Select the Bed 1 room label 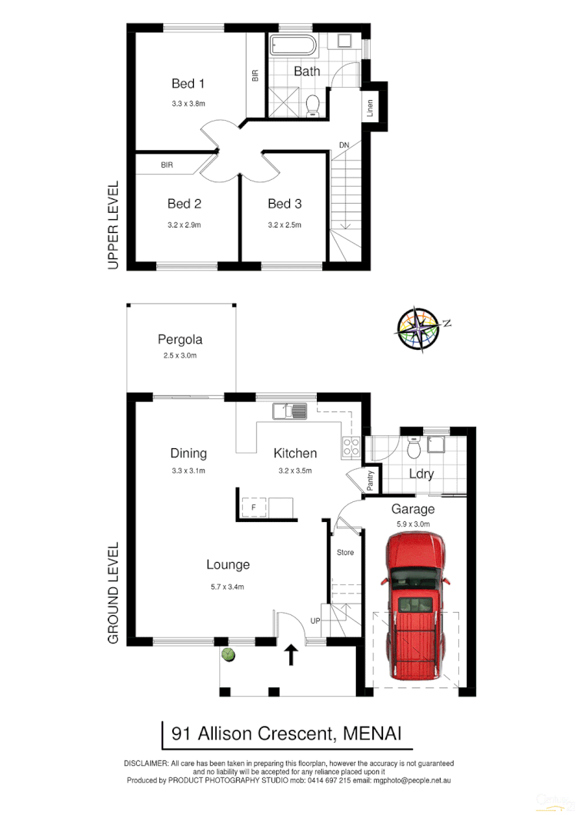pyautogui.click(x=187, y=83)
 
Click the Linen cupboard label pyautogui.click(x=370, y=109)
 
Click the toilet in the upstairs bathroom pyautogui.click(x=313, y=105)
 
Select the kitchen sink pyautogui.click(x=290, y=411)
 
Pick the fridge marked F pyautogui.click(x=252, y=507)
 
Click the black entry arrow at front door pyautogui.click(x=291, y=655)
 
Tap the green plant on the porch pyautogui.click(x=228, y=654)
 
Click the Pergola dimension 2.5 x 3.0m pyautogui.click(x=180, y=356)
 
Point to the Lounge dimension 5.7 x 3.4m pyautogui.click(x=228, y=587)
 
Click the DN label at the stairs pyautogui.click(x=344, y=145)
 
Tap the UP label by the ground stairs pyautogui.click(x=315, y=620)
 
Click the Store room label pyautogui.click(x=345, y=552)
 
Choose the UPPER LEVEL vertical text pyautogui.click(x=113, y=225)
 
